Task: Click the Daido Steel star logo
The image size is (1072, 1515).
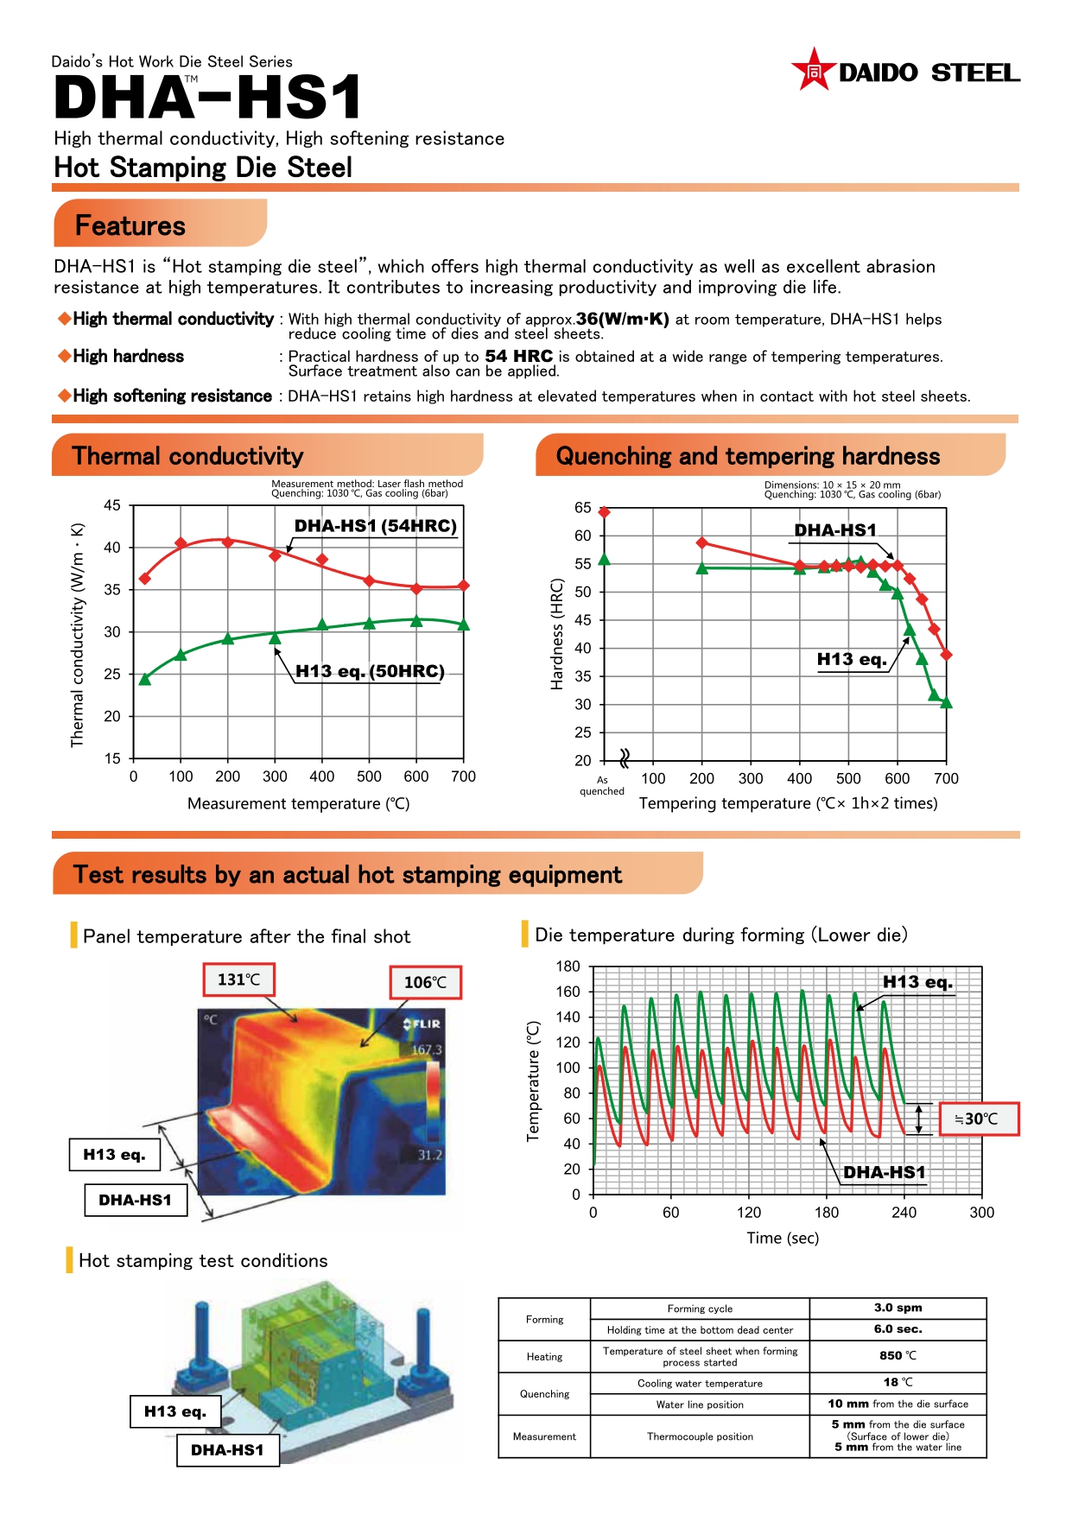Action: coord(813,71)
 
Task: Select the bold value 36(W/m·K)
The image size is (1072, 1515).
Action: coord(623,319)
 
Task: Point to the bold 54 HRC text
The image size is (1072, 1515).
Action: coord(518,357)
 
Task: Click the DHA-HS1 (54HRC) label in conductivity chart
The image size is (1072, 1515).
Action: coord(375,526)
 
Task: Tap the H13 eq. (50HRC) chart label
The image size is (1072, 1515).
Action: coord(370,671)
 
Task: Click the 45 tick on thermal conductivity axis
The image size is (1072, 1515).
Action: coord(112,505)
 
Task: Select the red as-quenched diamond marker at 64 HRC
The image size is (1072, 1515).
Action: coord(604,512)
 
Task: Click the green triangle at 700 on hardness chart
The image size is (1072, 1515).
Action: coord(946,703)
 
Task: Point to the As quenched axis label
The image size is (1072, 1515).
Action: coord(602,785)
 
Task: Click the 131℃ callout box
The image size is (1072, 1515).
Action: coord(238,979)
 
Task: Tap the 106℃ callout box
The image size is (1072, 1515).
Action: coord(425,983)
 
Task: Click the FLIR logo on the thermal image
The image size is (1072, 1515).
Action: coord(422,1024)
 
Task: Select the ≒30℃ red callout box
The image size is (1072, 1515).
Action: coord(979,1119)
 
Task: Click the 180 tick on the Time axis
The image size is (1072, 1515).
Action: coord(826,1213)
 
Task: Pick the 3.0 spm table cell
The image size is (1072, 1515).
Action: coord(898,1308)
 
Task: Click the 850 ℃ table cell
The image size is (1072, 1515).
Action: coord(898,1356)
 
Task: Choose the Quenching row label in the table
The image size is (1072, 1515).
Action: coord(544,1394)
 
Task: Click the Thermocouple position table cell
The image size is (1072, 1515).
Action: coord(700,1436)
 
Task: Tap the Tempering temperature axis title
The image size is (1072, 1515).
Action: coord(788,803)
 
